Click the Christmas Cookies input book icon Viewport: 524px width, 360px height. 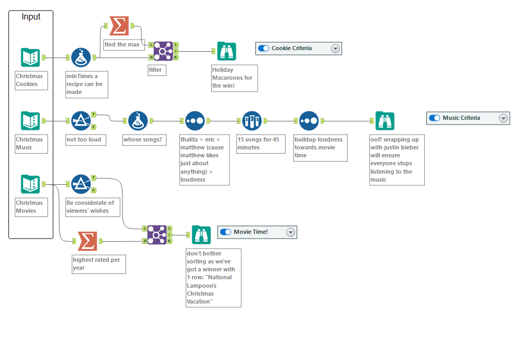point(30,57)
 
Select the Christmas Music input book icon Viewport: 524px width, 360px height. point(30,120)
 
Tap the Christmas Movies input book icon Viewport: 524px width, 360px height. point(30,184)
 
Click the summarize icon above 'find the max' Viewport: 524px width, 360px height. point(119,25)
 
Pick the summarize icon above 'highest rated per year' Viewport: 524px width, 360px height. point(88,241)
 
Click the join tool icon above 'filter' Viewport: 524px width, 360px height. point(164,51)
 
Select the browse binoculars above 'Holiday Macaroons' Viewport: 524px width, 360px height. point(226,51)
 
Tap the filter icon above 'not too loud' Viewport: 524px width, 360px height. point(81,121)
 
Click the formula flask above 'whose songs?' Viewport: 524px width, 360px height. point(138,121)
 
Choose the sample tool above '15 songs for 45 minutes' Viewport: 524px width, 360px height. point(252,121)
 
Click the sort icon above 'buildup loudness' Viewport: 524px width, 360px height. point(309,121)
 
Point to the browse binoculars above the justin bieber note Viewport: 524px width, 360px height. point(385,121)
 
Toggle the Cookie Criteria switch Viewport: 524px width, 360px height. point(264,49)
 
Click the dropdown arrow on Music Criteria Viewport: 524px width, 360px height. point(503,118)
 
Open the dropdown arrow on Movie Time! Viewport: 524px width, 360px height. point(290,232)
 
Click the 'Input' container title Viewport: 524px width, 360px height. point(31,17)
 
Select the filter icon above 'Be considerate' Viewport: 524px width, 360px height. point(81,184)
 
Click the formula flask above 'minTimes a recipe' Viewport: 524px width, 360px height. point(81,58)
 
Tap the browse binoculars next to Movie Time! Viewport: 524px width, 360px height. point(201,235)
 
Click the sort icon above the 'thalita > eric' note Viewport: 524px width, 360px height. point(195,121)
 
